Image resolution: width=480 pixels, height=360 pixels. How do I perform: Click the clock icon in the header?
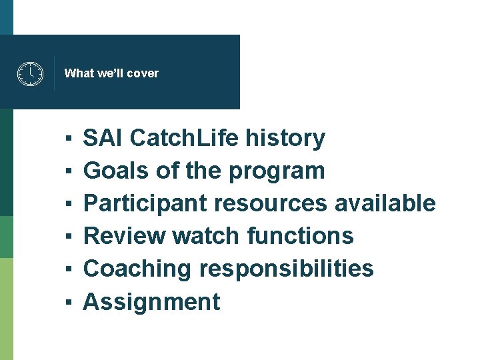tap(29, 73)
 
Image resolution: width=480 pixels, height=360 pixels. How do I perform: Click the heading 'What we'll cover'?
tap(111, 73)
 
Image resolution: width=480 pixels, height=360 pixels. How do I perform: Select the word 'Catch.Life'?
tap(184, 139)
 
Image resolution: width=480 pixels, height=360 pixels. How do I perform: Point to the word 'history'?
tap(285, 139)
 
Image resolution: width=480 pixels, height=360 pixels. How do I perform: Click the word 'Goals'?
tap(115, 171)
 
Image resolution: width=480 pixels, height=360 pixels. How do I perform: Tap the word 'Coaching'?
tap(137, 269)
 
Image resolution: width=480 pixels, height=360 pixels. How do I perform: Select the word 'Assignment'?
tap(151, 302)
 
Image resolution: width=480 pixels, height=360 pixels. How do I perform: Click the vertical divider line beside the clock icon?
tap(54, 73)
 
